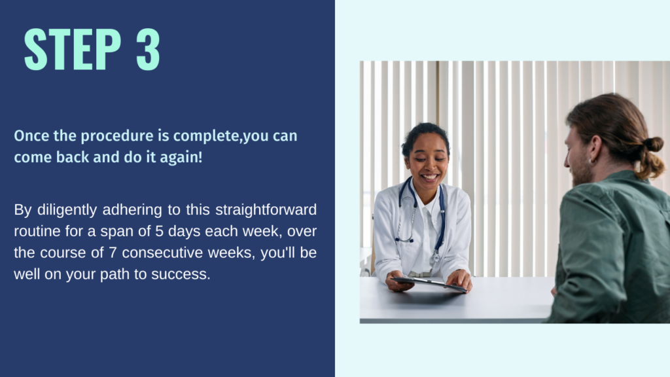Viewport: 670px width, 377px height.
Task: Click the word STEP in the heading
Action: click(x=73, y=49)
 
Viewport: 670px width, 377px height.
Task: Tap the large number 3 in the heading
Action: click(x=148, y=49)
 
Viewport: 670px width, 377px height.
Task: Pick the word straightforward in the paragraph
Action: click(x=266, y=210)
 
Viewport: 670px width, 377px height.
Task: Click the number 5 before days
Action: click(x=160, y=231)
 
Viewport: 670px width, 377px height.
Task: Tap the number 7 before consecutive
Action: click(x=113, y=253)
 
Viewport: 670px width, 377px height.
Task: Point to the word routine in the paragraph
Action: click(x=37, y=231)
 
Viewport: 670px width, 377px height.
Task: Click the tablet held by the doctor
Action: click(x=429, y=284)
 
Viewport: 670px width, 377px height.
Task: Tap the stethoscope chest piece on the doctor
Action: click(x=435, y=257)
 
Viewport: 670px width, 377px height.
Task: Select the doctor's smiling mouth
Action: click(x=429, y=177)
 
